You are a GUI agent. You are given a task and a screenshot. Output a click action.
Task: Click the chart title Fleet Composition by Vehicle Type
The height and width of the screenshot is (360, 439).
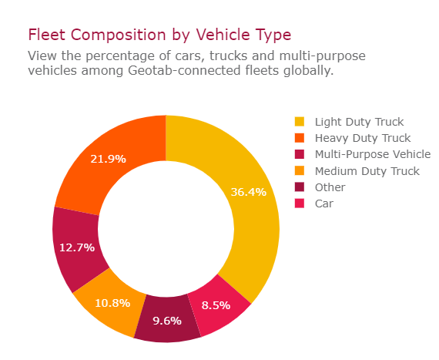point(159,35)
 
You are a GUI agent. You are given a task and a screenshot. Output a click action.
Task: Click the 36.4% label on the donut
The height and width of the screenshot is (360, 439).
point(248,192)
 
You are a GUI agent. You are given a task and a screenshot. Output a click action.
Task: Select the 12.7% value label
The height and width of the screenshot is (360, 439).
point(77,247)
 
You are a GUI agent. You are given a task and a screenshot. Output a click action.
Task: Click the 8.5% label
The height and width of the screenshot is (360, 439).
point(215,305)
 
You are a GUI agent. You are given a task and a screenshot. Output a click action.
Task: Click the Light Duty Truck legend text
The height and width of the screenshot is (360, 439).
point(359,122)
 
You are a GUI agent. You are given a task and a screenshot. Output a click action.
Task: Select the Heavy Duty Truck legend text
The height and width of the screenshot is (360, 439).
point(362,138)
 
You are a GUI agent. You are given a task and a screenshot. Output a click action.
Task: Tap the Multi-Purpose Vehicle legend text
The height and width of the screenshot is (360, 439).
point(372,154)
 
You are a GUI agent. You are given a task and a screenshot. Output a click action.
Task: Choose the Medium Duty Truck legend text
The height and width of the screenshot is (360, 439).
point(367,171)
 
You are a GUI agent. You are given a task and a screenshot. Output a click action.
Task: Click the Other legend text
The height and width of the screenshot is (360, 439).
point(330,187)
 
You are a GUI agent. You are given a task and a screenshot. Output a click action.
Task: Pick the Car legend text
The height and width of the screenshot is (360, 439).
point(324,204)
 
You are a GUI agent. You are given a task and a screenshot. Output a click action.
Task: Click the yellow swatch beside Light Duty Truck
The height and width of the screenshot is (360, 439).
point(300,122)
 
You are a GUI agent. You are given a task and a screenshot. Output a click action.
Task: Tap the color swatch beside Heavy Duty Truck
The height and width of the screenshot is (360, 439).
point(300,138)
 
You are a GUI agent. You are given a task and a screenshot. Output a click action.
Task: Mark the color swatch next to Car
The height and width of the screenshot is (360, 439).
point(300,204)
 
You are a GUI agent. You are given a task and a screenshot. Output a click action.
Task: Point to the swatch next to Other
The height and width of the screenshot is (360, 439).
point(300,187)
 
